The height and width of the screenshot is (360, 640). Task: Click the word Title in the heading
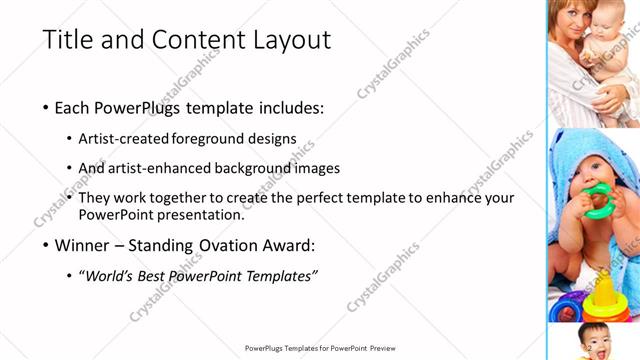(66, 40)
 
